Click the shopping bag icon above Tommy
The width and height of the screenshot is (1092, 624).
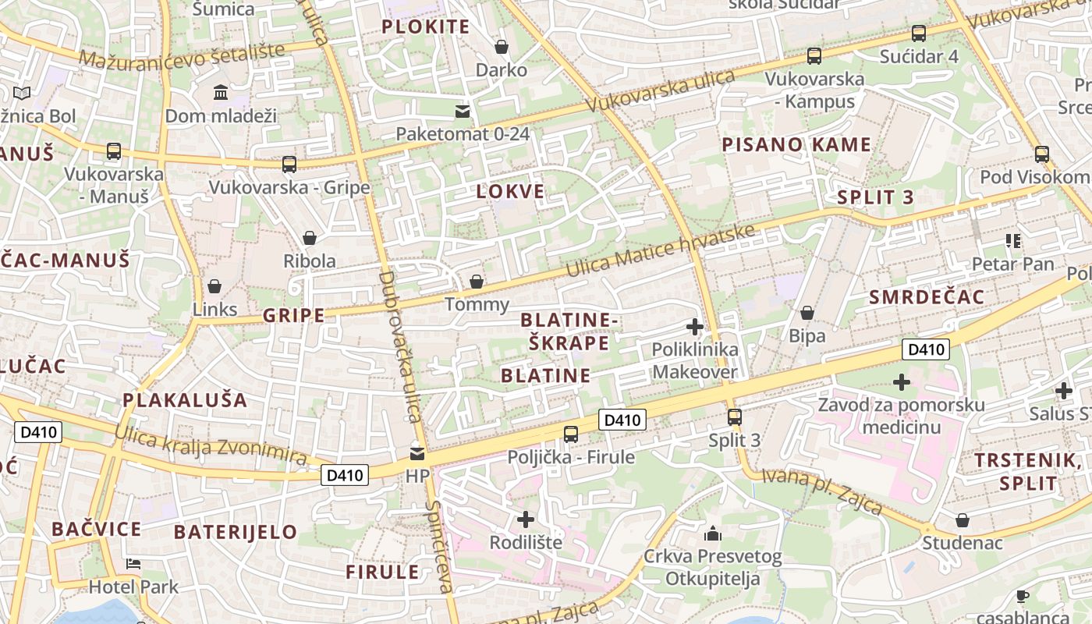pyautogui.click(x=476, y=282)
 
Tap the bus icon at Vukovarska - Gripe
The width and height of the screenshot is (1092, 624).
pyautogui.click(x=289, y=165)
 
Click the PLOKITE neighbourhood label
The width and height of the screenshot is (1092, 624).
pyautogui.click(x=426, y=27)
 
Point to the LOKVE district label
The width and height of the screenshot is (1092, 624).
pyautogui.click(x=511, y=192)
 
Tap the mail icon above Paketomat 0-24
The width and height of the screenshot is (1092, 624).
pyautogui.click(x=463, y=111)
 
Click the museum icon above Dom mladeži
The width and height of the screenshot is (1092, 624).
pyautogui.click(x=221, y=93)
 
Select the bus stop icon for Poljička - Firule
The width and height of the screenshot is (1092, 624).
pyautogui.click(x=571, y=434)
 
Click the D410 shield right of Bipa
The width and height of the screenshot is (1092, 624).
pyautogui.click(x=926, y=349)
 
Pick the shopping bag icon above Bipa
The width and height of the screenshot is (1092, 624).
pyautogui.click(x=807, y=314)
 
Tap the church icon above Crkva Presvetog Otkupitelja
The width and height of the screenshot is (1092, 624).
pyautogui.click(x=712, y=534)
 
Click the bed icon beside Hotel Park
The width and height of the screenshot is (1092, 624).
pyautogui.click(x=133, y=564)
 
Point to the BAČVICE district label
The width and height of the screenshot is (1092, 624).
pyautogui.click(x=97, y=530)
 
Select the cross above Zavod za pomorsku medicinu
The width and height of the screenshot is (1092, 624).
pyautogui.click(x=902, y=382)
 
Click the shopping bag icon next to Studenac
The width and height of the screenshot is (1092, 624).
pyautogui.click(x=963, y=520)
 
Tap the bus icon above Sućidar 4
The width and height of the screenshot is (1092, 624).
pyautogui.click(x=919, y=34)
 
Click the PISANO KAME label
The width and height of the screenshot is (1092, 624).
pyautogui.click(x=796, y=144)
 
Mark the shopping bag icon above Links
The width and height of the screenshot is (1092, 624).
pyautogui.click(x=214, y=287)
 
